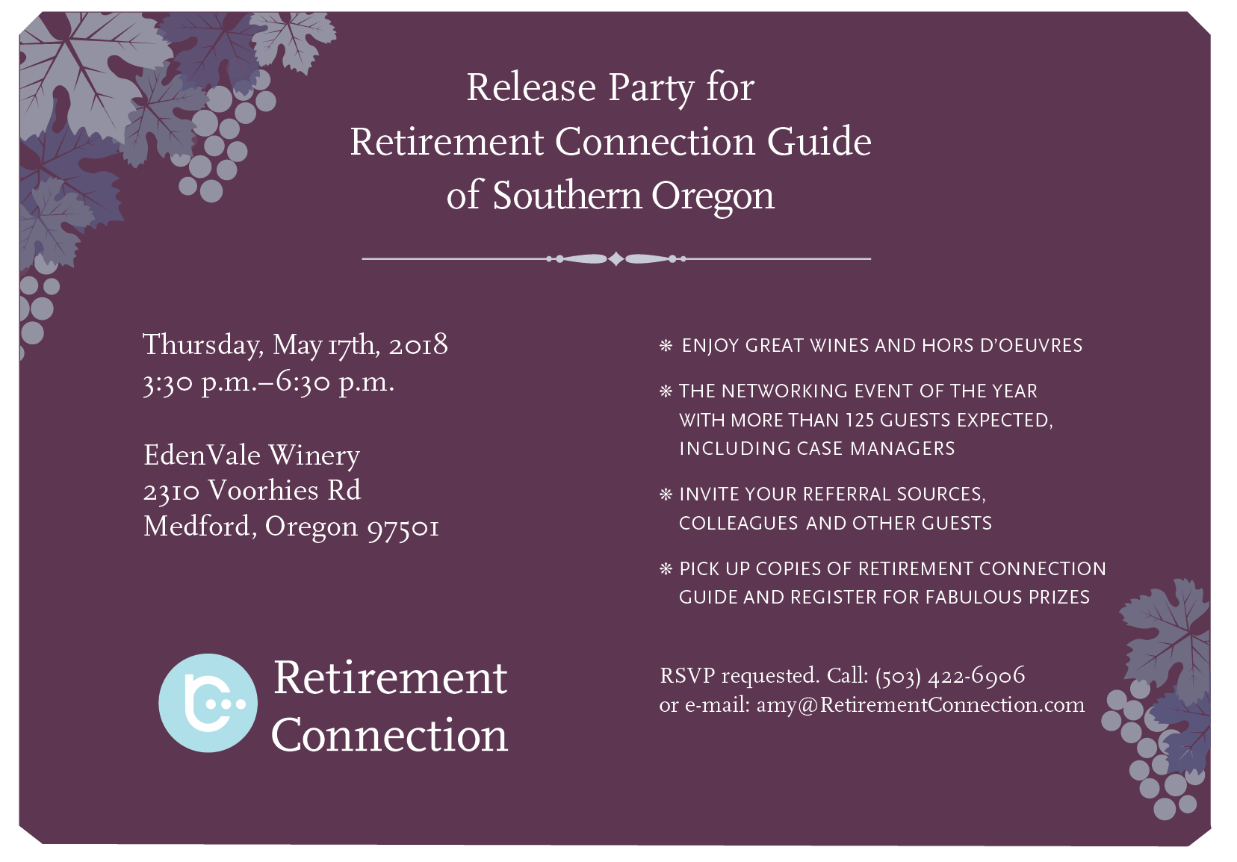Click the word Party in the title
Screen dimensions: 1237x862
tap(651, 88)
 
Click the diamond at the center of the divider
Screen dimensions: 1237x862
tap(616, 258)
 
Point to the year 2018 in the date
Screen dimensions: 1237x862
tap(418, 345)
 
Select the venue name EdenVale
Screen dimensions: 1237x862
tap(202, 456)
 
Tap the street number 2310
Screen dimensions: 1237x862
tap(171, 492)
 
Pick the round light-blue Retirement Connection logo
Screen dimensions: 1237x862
tap(208, 703)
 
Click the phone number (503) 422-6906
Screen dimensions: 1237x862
tap(950, 676)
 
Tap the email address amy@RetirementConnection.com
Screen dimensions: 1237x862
tap(920, 705)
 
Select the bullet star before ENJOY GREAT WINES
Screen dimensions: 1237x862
tap(666, 346)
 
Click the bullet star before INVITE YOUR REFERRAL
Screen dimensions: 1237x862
tap(666, 494)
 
